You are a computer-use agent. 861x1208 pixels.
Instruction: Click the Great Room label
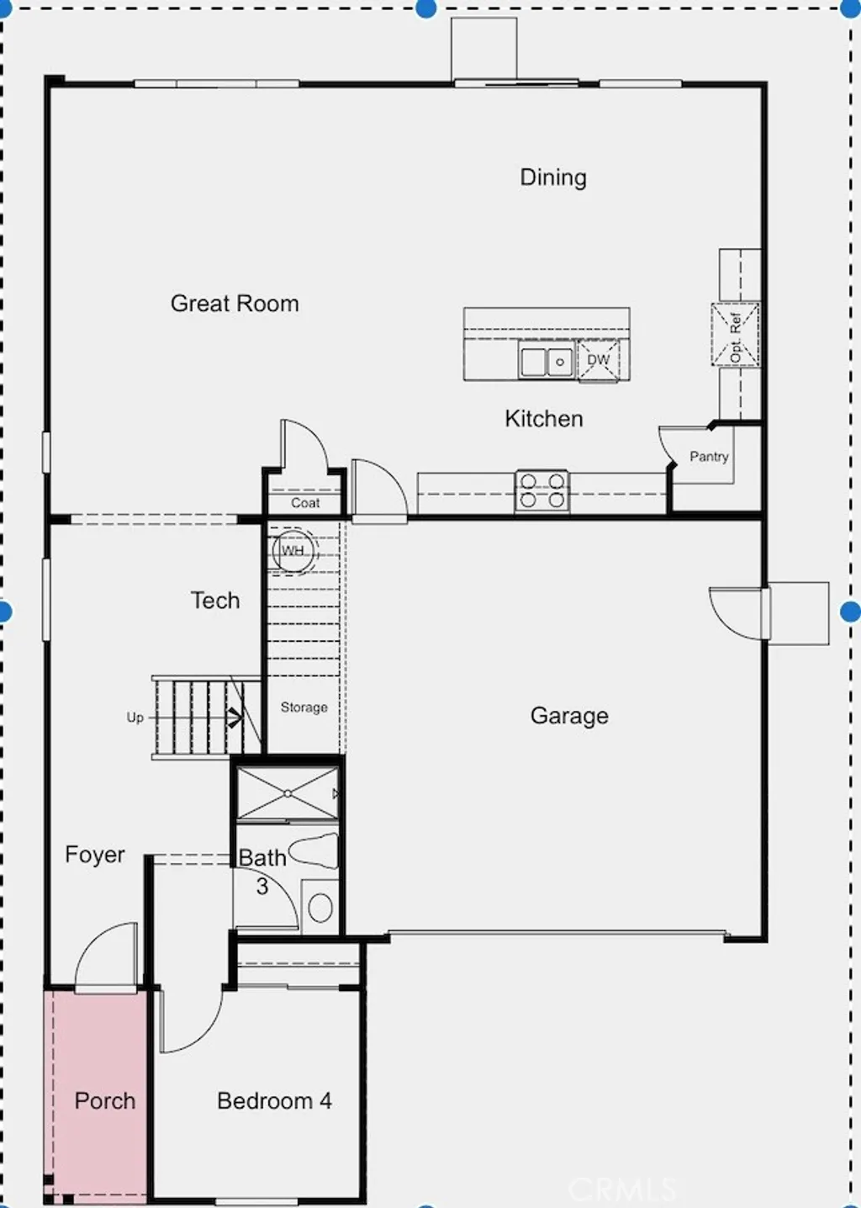[235, 304]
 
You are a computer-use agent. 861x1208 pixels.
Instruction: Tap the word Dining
[553, 178]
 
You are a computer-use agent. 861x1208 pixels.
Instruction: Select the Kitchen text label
[544, 419]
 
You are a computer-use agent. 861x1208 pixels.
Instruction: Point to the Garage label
[569, 716]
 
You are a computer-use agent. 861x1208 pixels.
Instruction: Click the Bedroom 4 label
[274, 1100]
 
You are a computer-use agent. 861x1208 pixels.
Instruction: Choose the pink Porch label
[105, 1100]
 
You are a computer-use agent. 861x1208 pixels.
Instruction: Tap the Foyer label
[95, 855]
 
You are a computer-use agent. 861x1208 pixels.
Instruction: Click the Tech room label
[215, 601]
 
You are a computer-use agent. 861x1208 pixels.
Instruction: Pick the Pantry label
[709, 457]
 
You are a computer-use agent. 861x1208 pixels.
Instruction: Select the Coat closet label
[305, 502]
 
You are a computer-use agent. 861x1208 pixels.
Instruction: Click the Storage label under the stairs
[304, 707]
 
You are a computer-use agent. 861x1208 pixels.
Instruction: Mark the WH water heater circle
[293, 551]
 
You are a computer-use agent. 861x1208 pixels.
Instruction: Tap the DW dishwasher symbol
[598, 360]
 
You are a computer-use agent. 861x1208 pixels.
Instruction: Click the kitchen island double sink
[547, 361]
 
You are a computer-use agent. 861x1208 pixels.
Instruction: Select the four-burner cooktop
[541, 490]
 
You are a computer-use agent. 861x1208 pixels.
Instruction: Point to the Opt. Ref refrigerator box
[736, 335]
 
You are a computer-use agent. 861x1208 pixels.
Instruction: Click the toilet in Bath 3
[314, 851]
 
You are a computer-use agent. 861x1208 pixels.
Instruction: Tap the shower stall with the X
[288, 793]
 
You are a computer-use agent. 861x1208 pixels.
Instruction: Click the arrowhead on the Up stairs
[235, 718]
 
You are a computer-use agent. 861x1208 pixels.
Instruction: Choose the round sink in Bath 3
[320, 907]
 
